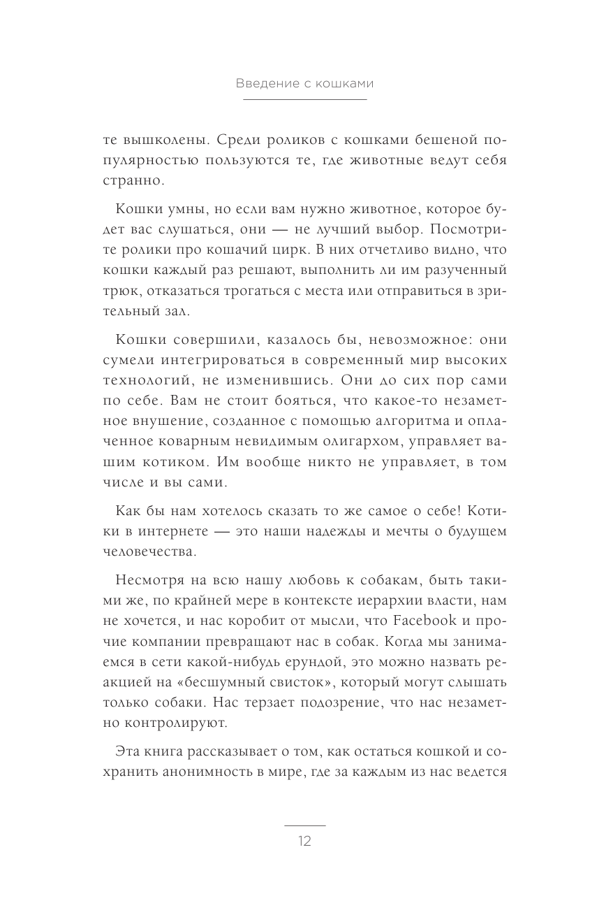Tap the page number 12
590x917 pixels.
point(304,841)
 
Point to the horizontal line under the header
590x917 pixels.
point(304,100)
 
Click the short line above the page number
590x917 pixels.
point(304,825)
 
